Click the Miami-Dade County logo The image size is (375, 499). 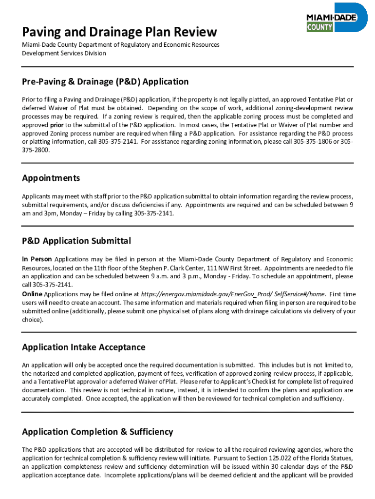(x=336, y=19)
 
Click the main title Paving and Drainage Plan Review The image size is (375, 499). (x=119, y=32)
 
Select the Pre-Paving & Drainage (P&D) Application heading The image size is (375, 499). (x=105, y=81)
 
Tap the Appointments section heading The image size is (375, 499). (x=51, y=178)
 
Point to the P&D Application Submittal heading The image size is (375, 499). (x=76, y=241)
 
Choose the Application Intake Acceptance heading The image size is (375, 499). (x=84, y=347)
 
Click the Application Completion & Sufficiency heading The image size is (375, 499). (x=97, y=432)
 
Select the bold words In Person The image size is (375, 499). (x=37, y=259)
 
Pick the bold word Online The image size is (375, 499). (x=32, y=294)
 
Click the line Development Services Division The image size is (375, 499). (x=64, y=53)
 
